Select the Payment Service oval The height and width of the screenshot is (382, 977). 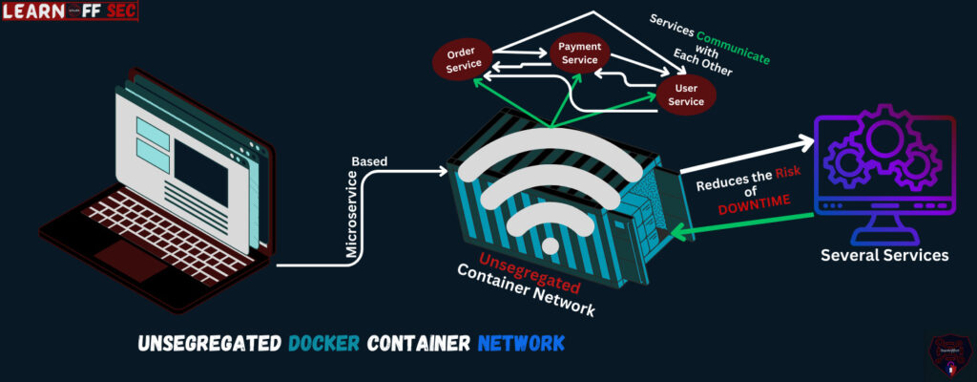[x=579, y=52]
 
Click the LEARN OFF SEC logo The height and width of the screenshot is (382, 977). [x=70, y=11]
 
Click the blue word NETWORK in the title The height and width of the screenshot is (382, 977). [x=521, y=343]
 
